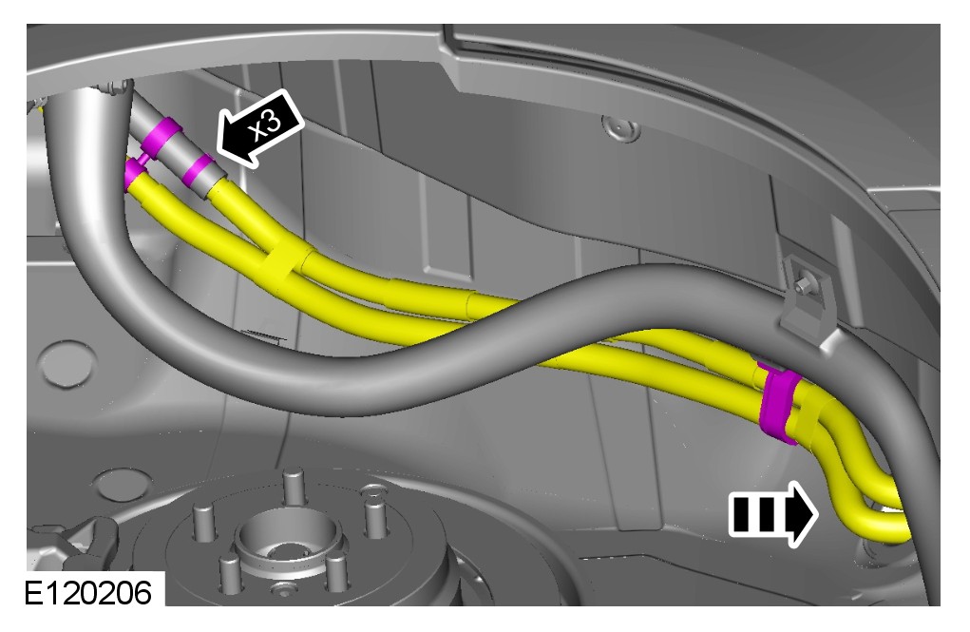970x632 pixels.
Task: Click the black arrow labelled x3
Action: click(x=259, y=129)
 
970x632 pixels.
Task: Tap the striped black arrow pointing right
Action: click(x=773, y=514)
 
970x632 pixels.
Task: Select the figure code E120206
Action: click(x=87, y=593)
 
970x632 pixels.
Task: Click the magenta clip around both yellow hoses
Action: click(x=778, y=404)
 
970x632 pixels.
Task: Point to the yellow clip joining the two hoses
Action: click(x=286, y=263)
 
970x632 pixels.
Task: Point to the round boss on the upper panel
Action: click(x=620, y=128)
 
